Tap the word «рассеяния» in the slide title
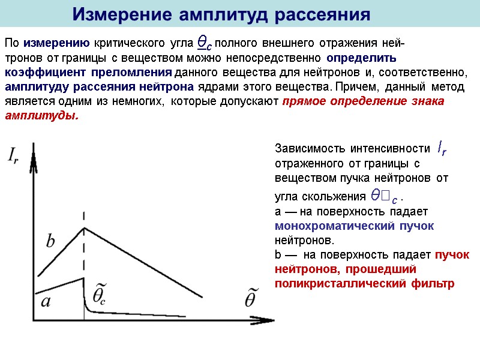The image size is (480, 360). [323, 14]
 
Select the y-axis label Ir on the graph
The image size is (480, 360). [16, 155]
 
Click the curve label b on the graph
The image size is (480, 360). [50, 241]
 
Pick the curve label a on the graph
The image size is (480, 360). [46, 302]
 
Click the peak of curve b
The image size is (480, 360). [83, 227]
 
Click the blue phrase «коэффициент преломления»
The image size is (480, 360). [88, 73]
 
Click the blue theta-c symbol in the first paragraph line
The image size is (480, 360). [205, 43]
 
